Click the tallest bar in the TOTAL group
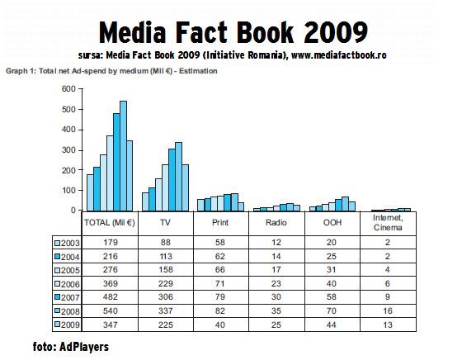click(123, 156)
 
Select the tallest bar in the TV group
click(178, 177)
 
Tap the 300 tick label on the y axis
click(68, 150)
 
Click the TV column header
click(165, 223)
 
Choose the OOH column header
click(332, 223)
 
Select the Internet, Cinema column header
click(388, 223)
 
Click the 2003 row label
click(70, 243)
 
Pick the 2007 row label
click(70, 297)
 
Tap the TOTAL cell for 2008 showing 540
click(111, 310)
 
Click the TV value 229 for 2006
click(165, 284)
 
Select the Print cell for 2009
click(219, 324)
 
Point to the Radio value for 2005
click(276, 270)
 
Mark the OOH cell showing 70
click(332, 310)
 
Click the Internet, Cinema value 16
click(388, 310)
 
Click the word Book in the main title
click(265, 32)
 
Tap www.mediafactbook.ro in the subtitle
click(339, 55)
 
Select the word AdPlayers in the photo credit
click(84, 347)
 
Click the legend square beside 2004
click(57, 257)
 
